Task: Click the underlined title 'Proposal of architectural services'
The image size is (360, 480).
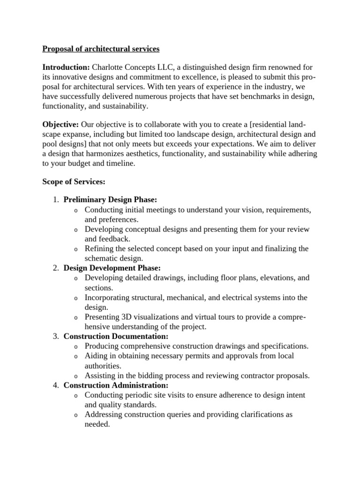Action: tap(101, 49)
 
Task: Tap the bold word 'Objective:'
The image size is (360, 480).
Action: tap(61, 124)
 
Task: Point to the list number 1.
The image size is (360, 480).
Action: tap(55, 200)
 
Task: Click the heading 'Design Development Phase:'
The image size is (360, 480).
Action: tap(112, 268)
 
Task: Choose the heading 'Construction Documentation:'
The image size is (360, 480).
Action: tap(116, 336)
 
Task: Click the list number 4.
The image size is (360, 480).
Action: tap(55, 385)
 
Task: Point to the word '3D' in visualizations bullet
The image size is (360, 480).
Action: tap(123, 317)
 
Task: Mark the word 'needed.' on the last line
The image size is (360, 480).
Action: tap(97, 424)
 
